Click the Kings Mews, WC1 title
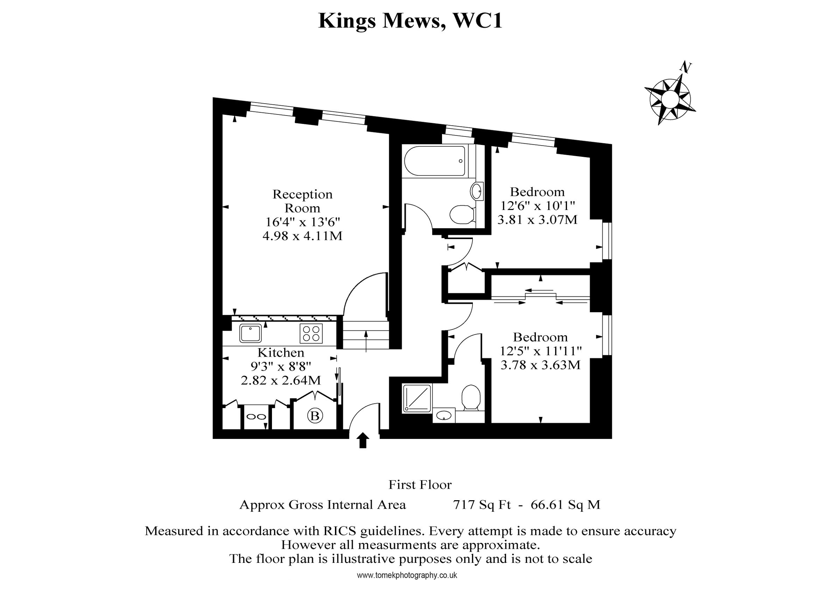[x=410, y=21]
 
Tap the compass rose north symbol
[x=670, y=98]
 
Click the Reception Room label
[x=302, y=201]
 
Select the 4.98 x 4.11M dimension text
[x=302, y=236]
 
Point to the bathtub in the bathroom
[x=434, y=161]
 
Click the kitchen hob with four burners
[x=311, y=334]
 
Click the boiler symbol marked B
[x=315, y=416]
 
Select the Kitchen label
[x=281, y=352]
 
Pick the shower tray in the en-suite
[x=417, y=399]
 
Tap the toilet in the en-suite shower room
[x=471, y=398]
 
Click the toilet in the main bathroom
[x=462, y=215]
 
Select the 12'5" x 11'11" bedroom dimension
[x=540, y=351]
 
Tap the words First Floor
[x=420, y=485]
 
